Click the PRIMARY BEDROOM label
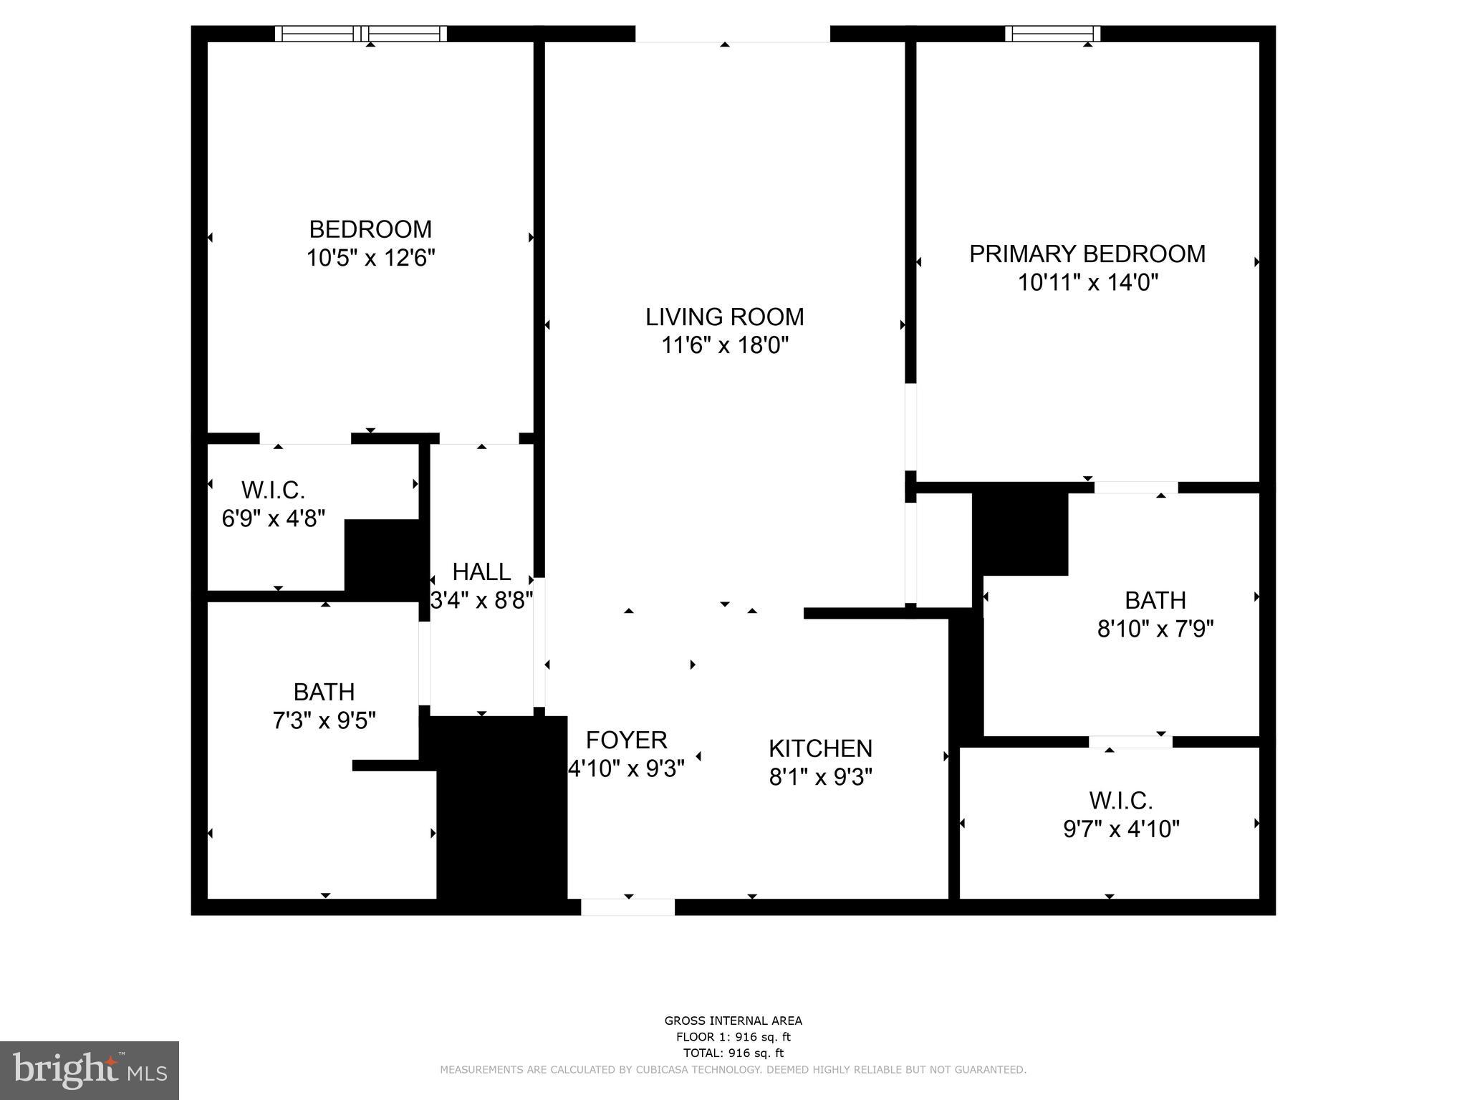pos(1087,254)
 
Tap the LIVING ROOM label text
pos(724,317)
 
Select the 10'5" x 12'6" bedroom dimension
pos(370,258)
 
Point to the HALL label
pos(481,571)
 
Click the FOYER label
pos(626,740)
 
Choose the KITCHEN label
pos(820,748)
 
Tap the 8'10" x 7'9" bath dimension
pos(1155,629)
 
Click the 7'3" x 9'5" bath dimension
pos(324,720)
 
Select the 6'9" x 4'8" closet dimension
pos(273,518)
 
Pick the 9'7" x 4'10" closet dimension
pos(1121,829)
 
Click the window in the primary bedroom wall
pos(1052,33)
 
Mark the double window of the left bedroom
pos(361,34)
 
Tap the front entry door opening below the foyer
pos(627,907)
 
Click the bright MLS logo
pos(90,1070)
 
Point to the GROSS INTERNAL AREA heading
pos(733,1021)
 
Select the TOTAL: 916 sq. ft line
pos(733,1053)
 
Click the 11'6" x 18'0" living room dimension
pos(724,346)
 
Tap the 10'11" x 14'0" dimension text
pos(1087,283)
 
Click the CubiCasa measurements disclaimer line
pos(733,1070)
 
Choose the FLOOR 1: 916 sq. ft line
pos(733,1038)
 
